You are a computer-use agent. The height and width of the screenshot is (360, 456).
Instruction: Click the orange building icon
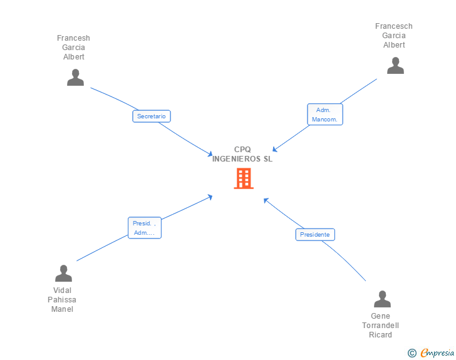click(x=244, y=178)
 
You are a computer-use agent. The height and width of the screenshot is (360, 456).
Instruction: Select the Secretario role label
click(x=152, y=116)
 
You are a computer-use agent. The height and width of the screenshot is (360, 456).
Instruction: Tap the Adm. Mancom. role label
click(x=324, y=115)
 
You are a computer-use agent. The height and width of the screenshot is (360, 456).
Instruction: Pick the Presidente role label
click(x=315, y=235)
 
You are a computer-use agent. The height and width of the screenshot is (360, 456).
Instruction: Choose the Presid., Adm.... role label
click(x=145, y=228)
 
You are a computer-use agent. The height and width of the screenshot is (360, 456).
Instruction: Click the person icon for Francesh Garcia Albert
click(x=75, y=77)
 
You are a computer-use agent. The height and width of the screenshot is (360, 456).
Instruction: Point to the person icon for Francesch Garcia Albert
click(x=395, y=65)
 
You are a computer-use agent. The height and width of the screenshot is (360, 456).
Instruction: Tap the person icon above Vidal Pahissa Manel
click(x=63, y=274)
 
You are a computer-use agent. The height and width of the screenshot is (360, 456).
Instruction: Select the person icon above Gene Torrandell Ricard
click(x=381, y=299)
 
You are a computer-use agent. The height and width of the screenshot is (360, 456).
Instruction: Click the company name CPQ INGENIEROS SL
click(x=242, y=154)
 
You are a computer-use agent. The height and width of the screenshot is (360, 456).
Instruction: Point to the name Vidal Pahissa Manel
click(x=63, y=300)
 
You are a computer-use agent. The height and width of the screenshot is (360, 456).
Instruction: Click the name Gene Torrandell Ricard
click(x=380, y=326)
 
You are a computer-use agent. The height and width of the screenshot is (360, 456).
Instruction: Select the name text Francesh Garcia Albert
click(x=74, y=48)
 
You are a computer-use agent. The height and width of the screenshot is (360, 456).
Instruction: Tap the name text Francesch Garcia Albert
click(x=394, y=36)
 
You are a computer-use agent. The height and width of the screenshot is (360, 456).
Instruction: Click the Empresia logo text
click(x=437, y=352)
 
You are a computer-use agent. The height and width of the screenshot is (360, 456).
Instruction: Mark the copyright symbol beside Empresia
click(x=412, y=353)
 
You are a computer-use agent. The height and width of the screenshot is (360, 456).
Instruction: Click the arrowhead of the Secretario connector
click(x=211, y=154)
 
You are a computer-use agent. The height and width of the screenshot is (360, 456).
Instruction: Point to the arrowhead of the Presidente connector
click(x=266, y=200)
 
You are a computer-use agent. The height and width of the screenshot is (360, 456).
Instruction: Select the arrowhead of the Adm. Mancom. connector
click(x=275, y=150)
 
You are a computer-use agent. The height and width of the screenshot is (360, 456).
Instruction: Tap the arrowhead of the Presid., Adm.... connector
click(x=210, y=197)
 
